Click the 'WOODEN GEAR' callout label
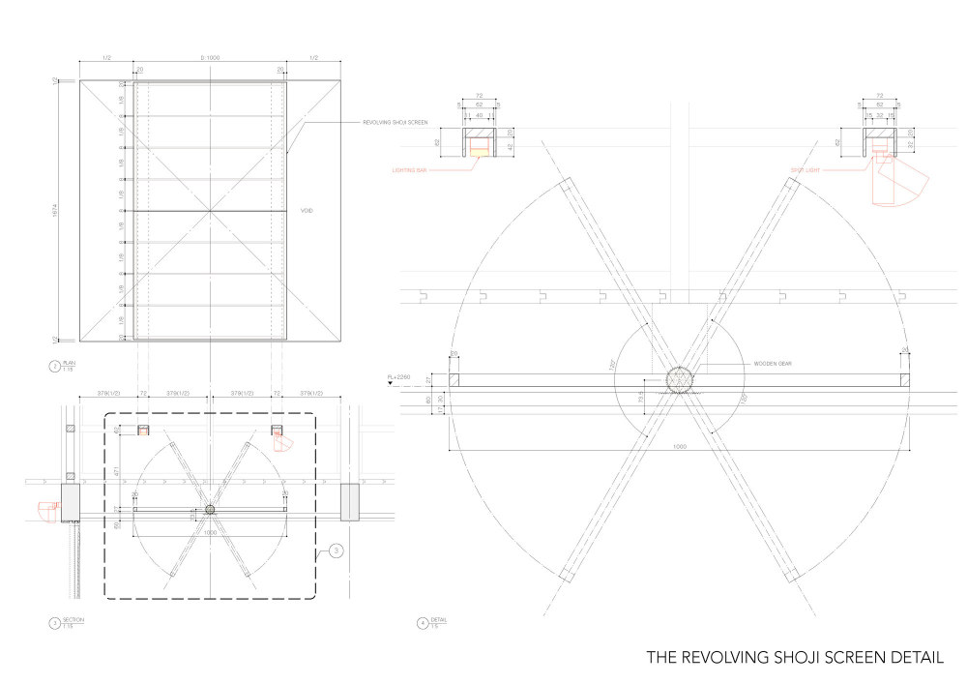pyautogui.click(x=773, y=364)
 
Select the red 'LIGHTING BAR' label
pyautogui.click(x=409, y=169)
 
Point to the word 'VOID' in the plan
pyautogui.click(x=308, y=210)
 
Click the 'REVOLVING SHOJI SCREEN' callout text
pyautogui.click(x=396, y=123)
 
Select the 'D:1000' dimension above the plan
pyautogui.click(x=210, y=58)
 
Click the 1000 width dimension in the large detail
pyautogui.click(x=680, y=446)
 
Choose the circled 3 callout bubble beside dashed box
pyautogui.click(x=335, y=550)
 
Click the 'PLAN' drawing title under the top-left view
pyautogui.click(x=69, y=364)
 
